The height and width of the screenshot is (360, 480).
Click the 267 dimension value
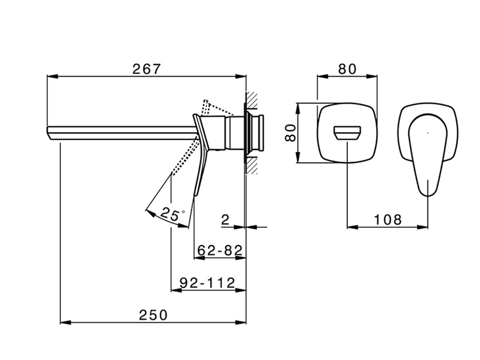click(x=147, y=69)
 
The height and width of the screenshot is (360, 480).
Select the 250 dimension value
click(x=153, y=315)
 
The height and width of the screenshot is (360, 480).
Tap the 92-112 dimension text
click(x=207, y=283)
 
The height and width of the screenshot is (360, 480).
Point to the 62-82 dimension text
click(x=220, y=250)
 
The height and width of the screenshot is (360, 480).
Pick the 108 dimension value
click(x=388, y=220)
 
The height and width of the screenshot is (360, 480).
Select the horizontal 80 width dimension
click(x=347, y=69)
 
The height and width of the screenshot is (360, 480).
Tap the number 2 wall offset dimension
click(x=225, y=220)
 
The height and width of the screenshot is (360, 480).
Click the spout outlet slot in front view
click(x=347, y=133)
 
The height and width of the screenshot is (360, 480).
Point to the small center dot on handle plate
click(x=428, y=132)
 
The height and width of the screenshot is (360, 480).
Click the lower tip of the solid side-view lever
click(x=196, y=194)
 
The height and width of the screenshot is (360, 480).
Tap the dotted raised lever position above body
click(x=205, y=107)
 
